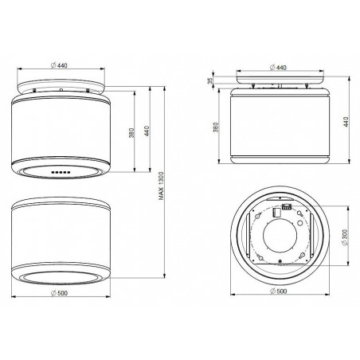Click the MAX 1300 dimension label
click(x=162, y=186)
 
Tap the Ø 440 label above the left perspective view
click(x=59, y=65)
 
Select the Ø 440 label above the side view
click(x=278, y=68)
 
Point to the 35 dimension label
click(x=210, y=81)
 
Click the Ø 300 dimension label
click(x=345, y=237)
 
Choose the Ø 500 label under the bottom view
click(x=279, y=292)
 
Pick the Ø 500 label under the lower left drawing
click(x=59, y=293)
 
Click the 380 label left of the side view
click(x=216, y=127)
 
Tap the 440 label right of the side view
click(x=346, y=122)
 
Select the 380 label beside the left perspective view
click(x=131, y=133)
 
